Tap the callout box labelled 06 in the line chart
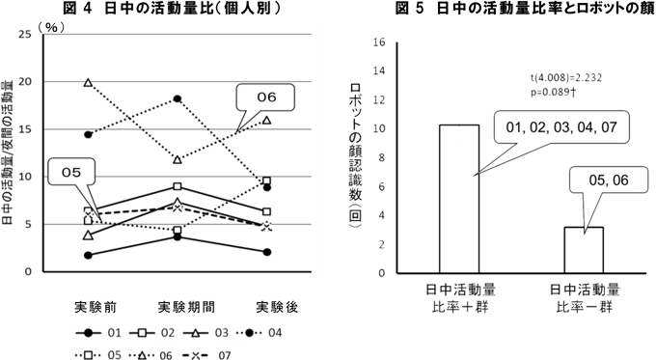(266, 97)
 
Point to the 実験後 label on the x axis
(276, 307)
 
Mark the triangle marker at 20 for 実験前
(89, 83)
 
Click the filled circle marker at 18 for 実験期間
(176, 98)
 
